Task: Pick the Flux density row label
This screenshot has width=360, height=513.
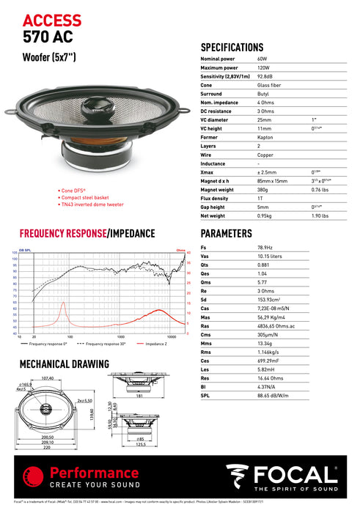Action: [214, 197]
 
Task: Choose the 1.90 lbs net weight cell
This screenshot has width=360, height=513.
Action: [320, 216]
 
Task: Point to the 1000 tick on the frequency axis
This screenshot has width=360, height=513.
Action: [120, 335]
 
